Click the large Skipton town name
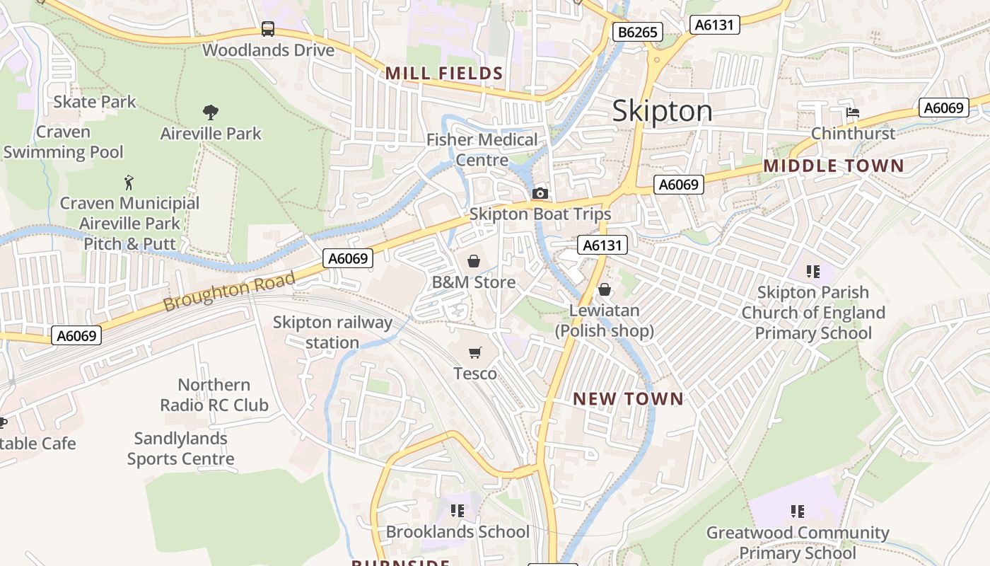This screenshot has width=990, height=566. tap(662, 111)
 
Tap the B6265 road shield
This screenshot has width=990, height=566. tap(637, 32)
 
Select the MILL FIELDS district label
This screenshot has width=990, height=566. tap(444, 74)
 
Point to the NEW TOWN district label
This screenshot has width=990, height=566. tap(628, 399)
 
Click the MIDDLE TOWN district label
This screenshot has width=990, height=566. tap(833, 166)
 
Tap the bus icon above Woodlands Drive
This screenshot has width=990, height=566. tap(267, 29)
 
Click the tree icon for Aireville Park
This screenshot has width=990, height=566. tap(210, 112)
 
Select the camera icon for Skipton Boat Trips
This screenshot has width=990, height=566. tap(540, 193)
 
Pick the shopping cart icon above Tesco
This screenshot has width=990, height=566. tap(474, 352)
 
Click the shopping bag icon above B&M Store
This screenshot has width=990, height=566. tap(474, 261)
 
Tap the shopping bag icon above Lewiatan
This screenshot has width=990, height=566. tap(604, 289)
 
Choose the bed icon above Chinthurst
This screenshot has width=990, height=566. tap(853, 112)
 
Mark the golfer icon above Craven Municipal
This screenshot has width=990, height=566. tap(129, 183)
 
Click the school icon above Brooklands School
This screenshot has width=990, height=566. tap(458, 511)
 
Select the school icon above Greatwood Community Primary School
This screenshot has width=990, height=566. tap(798, 512)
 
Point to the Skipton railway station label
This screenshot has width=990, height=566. tap(332, 333)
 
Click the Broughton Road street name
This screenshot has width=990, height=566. tap(228, 292)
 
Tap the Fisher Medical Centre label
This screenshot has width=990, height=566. tap(482, 149)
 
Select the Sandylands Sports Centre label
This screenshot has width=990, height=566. tap(180, 449)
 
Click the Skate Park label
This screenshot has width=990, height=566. tap(95, 102)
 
